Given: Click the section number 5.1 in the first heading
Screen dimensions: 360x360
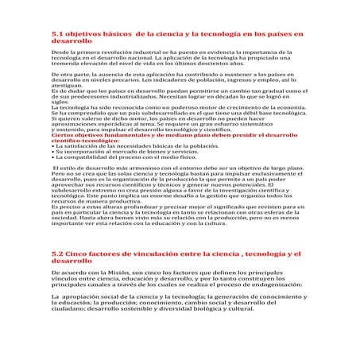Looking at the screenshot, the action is [x=56, y=35].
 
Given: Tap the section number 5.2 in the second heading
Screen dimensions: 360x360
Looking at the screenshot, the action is [x=56, y=253].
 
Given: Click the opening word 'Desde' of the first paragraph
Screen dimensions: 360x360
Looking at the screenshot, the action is [x=59, y=50].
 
